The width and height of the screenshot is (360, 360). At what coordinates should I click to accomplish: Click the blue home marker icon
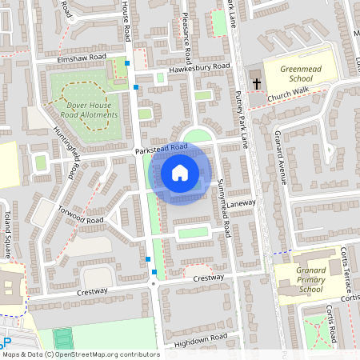coord(180,173)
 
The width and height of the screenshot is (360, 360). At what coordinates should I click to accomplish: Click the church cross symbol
coord(257,82)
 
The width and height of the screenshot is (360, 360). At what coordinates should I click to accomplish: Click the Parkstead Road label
coord(162,148)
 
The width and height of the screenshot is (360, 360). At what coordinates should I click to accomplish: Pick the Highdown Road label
coord(201,338)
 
